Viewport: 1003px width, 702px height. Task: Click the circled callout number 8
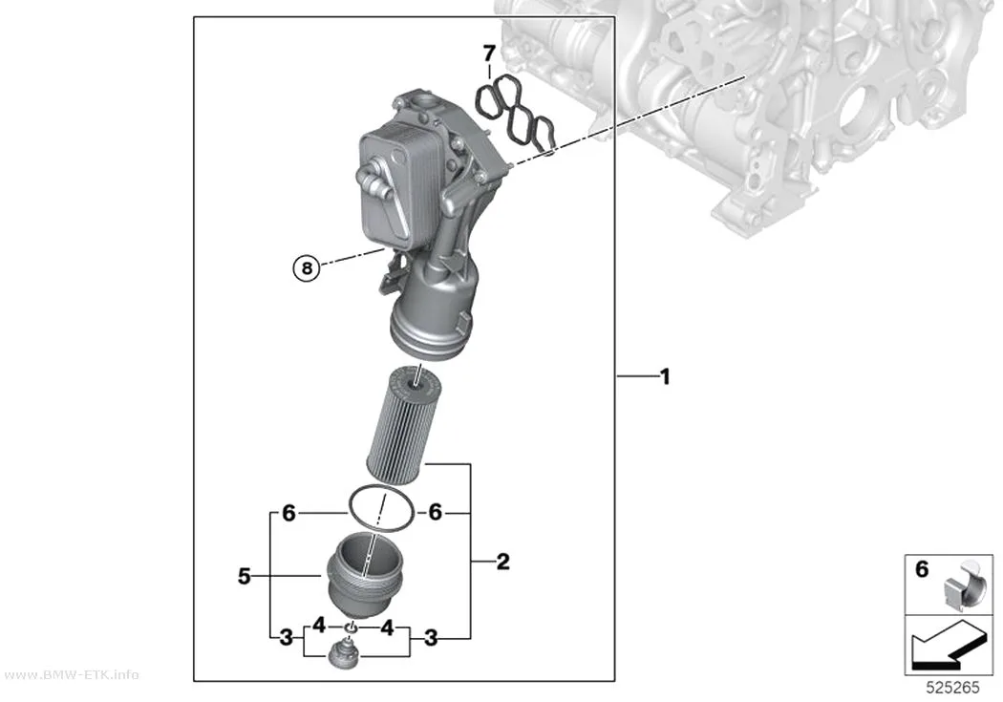click(307, 267)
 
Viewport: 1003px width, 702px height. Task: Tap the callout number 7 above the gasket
click(489, 53)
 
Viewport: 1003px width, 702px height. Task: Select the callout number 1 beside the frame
click(665, 376)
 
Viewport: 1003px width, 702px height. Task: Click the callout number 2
click(503, 562)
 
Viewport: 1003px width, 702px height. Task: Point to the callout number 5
click(245, 577)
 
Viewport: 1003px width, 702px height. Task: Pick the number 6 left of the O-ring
click(289, 513)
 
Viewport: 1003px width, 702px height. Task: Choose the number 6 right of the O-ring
click(435, 512)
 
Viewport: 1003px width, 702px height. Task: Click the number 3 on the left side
click(287, 637)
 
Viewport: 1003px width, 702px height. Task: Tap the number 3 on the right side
click(431, 637)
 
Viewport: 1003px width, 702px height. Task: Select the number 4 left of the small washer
click(319, 627)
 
